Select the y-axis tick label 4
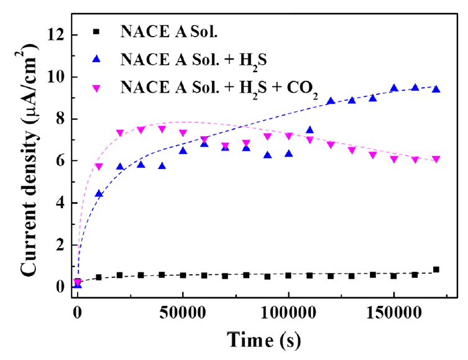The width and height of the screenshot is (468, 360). click(x=57, y=203)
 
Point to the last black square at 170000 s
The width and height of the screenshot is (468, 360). click(x=436, y=269)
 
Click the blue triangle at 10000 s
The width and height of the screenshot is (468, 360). click(x=99, y=194)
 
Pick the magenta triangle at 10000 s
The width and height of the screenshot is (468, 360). click(x=99, y=167)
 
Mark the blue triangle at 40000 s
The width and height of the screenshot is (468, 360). click(x=162, y=166)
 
